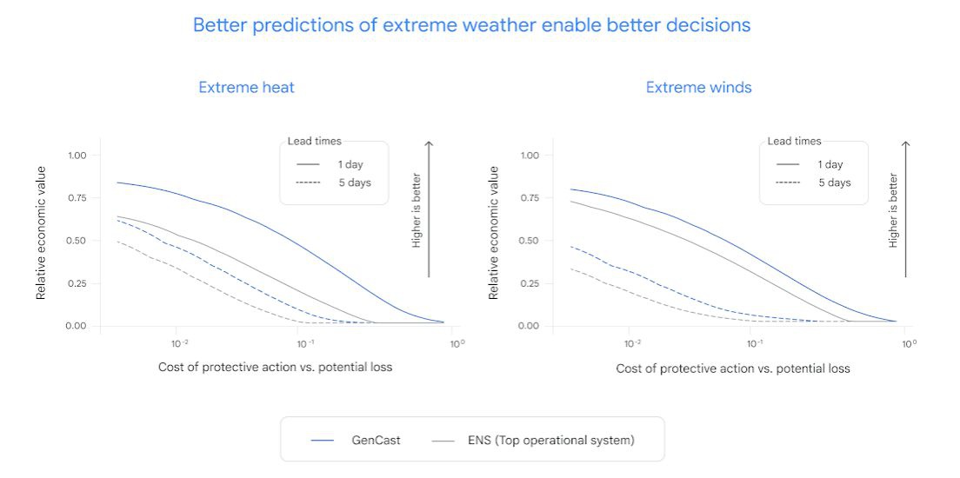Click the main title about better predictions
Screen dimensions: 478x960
[x=471, y=25]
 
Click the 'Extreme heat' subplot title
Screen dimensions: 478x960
[x=246, y=87]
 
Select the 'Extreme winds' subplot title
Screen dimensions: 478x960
[x=698, y=87]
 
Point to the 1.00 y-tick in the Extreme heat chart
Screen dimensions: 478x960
[x=77, y=156]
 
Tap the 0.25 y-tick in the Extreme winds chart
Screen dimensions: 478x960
[x=530, y=283]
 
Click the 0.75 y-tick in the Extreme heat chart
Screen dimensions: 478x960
[x=77, y=198]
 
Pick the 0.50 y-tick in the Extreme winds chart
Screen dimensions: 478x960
[x=530, y=241]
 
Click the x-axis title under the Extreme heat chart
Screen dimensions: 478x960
[x=275, y=367]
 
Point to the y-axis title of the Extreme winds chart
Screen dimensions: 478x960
[x=494, y=233]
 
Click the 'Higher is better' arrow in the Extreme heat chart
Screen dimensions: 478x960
[x=428, y=209]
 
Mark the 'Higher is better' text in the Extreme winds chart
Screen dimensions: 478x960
[x=893, y=209]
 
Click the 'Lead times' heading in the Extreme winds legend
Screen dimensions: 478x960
[x=794, y=141]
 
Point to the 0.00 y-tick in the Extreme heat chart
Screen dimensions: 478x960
[x=77, y=326]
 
